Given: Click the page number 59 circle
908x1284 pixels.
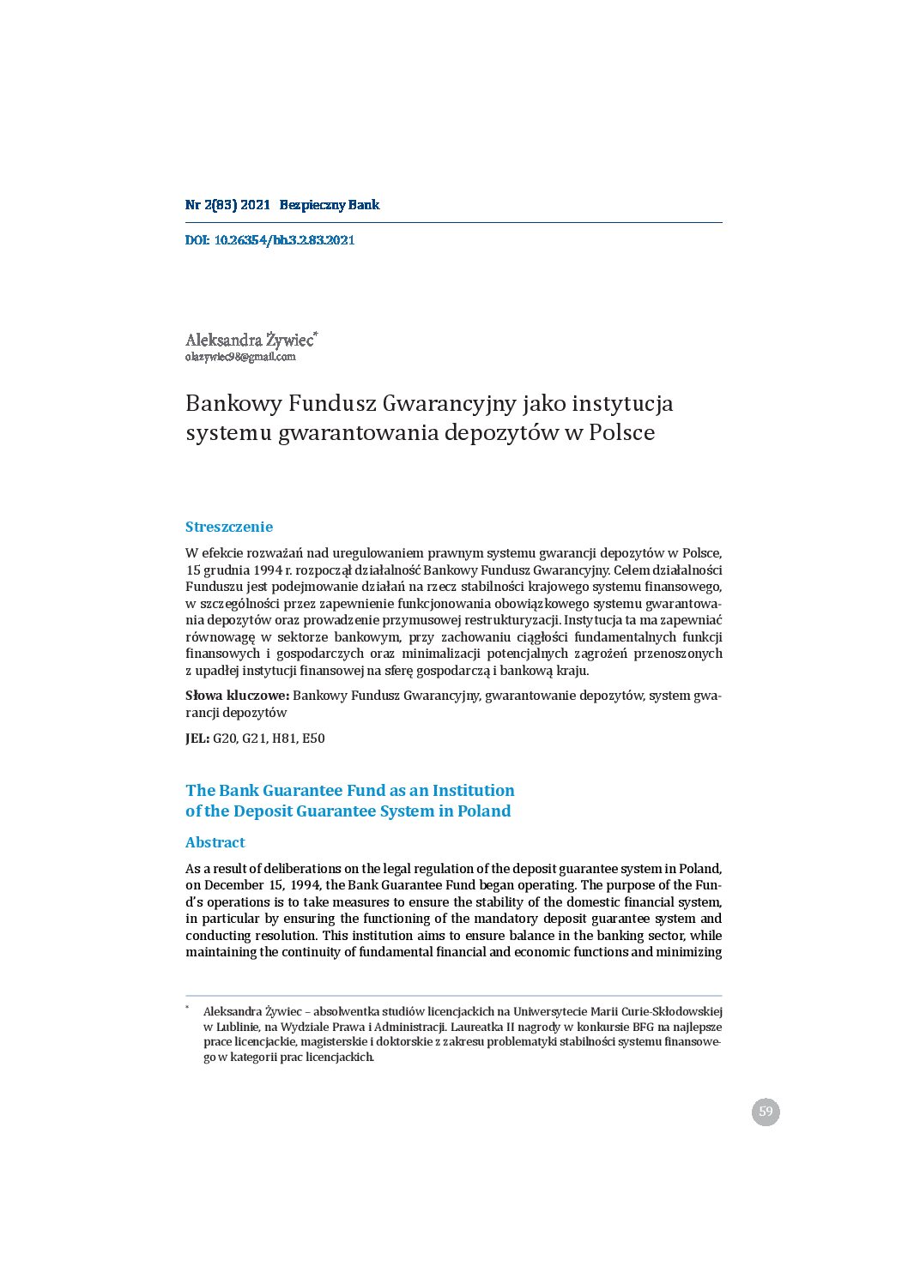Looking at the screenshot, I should (766, 1112).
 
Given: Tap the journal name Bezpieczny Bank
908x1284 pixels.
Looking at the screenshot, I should (329, 205).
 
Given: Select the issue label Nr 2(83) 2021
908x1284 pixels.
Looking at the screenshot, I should (227, 205).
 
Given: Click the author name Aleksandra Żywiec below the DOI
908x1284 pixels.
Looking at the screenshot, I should (249, 340).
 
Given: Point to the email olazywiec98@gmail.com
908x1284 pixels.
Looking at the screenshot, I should (240, 357).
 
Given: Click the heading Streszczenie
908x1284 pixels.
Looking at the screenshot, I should (229, 527).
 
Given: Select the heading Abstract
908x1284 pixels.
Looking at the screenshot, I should (215, 842).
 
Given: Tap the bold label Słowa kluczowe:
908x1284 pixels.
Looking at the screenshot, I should (237, 696).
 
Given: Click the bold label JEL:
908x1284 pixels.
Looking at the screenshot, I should (197, 738).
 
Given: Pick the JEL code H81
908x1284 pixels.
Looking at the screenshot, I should (283, 738).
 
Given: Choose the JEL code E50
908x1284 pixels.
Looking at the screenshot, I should (313, 738).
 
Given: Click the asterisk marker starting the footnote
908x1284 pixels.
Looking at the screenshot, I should (187, 1008).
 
